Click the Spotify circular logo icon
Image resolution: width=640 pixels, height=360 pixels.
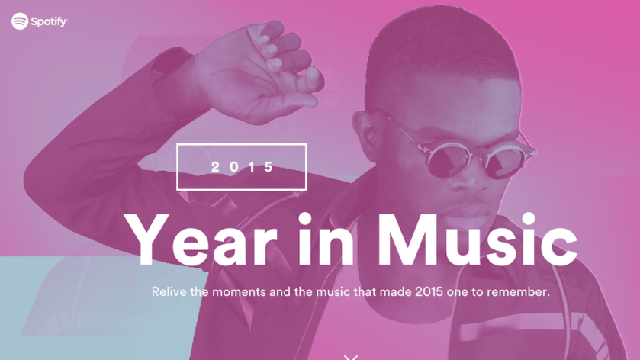click(x=20, y=21)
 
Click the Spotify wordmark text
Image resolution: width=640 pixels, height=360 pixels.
click(x=50, y=22)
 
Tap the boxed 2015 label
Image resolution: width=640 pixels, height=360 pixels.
click(x=242, y=166)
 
